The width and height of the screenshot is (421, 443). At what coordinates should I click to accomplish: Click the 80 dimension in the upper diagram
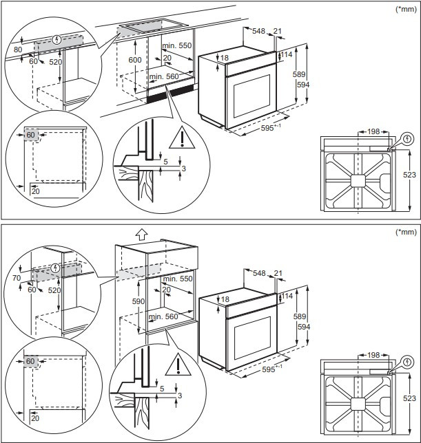coord(17,50)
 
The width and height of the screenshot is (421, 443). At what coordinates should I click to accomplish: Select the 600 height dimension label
coord(134,61)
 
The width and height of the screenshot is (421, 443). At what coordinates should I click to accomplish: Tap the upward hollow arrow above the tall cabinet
coord(141,233)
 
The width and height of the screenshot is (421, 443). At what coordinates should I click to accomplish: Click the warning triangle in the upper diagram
coord(181,138)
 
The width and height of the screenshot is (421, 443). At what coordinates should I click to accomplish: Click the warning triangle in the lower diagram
coord(181,362)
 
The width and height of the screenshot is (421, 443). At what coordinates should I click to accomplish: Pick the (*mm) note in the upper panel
coord(404,9)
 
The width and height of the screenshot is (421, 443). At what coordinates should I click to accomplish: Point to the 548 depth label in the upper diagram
coord(259,31)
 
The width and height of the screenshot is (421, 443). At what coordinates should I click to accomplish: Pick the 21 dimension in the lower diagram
coord(278,273)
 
